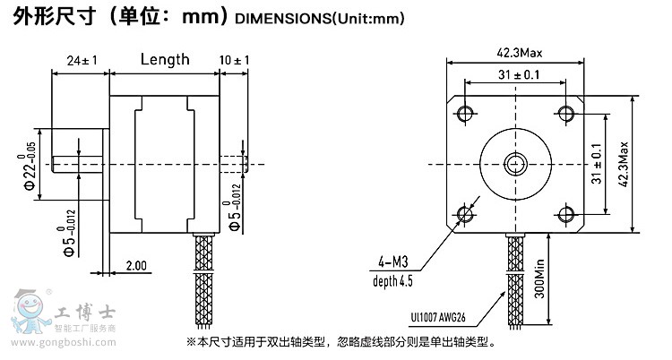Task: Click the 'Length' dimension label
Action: pyautogui.click(x=165, y=60)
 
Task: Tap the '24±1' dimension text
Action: pyautogui.click(x=82, y=61)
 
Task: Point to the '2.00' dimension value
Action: pyautogui.click(x=137, y=266)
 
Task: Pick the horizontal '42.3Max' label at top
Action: pyautogui.click(x=518, y=52)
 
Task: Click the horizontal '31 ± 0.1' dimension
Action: pyautogui.click(x=518, y=76)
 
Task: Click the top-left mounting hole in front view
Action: pyautogui.click(x=466, y=112)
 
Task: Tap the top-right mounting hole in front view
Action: pyautogui.click(x=565, y=112)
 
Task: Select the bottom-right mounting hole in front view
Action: pyautogui.click(x=565, y=213)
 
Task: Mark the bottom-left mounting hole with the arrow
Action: pyautogui.click(x=466, y=213)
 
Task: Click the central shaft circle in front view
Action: pyautogui.click(x=516, y=163)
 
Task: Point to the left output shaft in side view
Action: pyautogui.click(x=81, y=163)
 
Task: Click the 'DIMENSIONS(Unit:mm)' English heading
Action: pyautogui.click(x=318, y=18)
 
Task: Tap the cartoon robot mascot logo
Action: pyautogui.click(x=28, y=313)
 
